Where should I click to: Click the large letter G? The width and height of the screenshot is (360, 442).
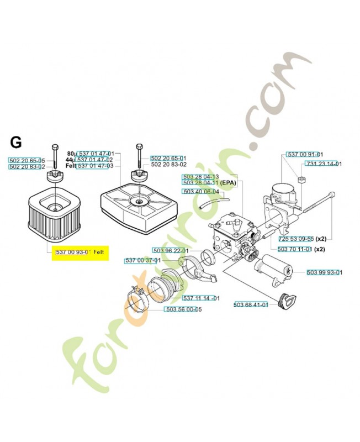pyautogui.click(x=16, y=143)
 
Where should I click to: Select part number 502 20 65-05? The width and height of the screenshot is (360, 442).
pyautogui.click(x=28, y=160)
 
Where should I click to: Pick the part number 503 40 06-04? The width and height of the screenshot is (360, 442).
pyautogui.click(x=201, y=192)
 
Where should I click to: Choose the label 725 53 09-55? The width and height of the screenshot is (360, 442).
pyautogui.click(x=296, y=239)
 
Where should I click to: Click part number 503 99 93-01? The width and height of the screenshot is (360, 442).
pyautogui.click(x=325, y=272)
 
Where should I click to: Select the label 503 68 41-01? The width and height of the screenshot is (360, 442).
pyautogui.click(x=251, y=304)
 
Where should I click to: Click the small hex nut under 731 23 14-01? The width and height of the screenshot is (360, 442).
pyautogui.click(x=301, y=180)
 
